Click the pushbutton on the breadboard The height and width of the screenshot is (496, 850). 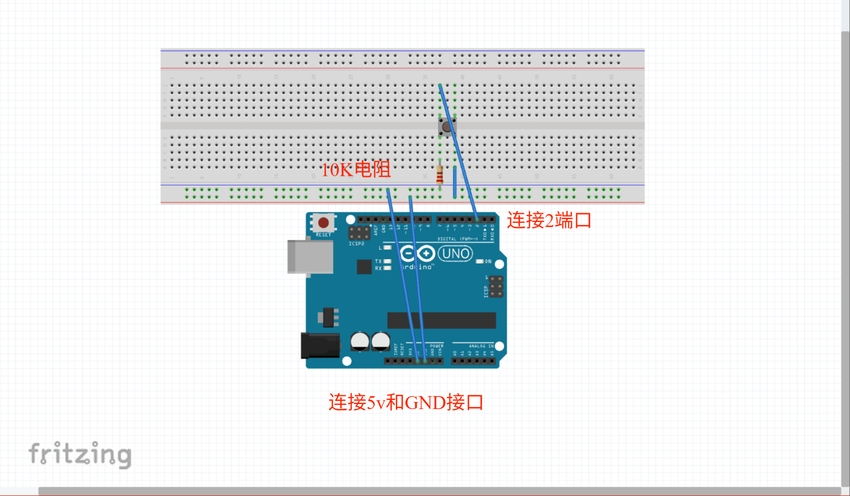coord(447,127)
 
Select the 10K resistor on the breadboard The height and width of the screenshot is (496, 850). coord(439,175)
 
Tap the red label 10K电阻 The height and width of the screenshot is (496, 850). coord(356,170)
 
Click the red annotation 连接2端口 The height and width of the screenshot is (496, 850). coord(549,220)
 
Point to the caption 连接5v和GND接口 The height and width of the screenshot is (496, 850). coord(406,402)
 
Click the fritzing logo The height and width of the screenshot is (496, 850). coord(80,454)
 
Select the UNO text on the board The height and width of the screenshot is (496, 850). coord(456,254)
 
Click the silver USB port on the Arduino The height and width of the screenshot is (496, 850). coord(310,257)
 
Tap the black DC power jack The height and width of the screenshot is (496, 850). coord(320,345)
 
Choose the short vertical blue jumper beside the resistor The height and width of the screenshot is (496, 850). coord(455,182)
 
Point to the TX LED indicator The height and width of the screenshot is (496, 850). coord(388,261)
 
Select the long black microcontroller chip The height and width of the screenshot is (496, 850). coord(441,320)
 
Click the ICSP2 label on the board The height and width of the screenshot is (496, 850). coord(356,244)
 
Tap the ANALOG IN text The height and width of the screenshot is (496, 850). coord(481,346)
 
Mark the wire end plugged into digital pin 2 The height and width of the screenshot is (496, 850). coord(477,219)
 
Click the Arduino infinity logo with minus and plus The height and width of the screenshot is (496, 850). coord(417,253)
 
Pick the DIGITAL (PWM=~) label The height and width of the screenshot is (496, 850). coord(457,239)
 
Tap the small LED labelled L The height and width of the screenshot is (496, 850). coord(388,248)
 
